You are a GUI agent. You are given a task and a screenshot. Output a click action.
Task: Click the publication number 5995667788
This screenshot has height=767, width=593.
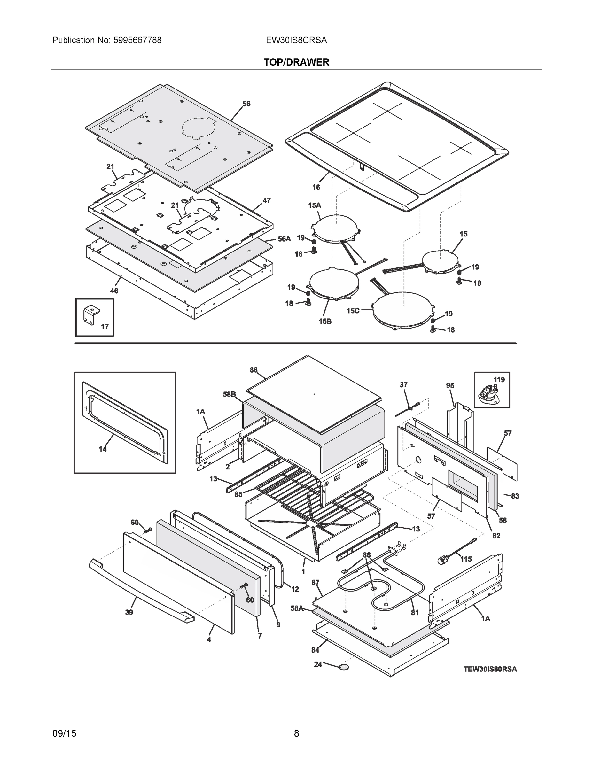click(x=137, y=40)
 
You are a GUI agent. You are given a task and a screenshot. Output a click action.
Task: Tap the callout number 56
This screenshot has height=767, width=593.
click(x=246, y=104)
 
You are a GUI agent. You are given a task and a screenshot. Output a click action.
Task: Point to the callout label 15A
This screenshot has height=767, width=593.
click(x=315, y=205)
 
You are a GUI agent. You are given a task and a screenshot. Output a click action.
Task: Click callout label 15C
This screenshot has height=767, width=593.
click(x=353, y=310)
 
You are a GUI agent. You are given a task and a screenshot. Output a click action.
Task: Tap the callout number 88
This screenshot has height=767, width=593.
click(x=254, y=370)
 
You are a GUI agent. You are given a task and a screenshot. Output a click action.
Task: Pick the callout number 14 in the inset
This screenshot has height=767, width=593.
click(x=103, y=448)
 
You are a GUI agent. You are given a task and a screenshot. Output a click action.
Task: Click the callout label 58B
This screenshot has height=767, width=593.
click(x=230, y=394)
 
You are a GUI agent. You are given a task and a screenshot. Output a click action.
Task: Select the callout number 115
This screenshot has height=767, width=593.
click(x=466, y=559)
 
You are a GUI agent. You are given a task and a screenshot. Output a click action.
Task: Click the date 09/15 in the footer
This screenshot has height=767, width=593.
click(x=64, y=733)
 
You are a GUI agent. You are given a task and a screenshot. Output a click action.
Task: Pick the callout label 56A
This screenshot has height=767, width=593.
click(x=284, y=239)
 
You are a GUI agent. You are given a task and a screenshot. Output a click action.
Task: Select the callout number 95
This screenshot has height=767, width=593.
click(x=450, y=386)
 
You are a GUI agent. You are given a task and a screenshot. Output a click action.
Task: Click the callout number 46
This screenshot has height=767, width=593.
click(x=114, y=291)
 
